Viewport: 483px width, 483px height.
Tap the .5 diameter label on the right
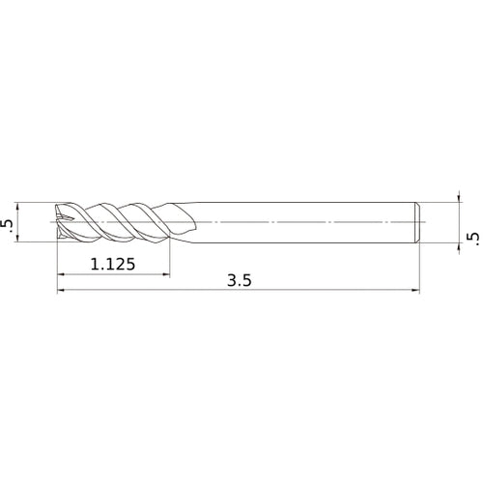click(x=471, y=237)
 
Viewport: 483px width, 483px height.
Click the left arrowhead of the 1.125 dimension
click(x=61, y=274)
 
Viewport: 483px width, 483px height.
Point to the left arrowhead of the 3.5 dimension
click(x=61, y=289)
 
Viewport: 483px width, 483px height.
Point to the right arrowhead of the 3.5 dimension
click(x=417, y=289)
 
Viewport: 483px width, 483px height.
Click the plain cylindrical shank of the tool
click(x=299, y=223)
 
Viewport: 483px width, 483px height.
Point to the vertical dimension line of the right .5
click(x=459, y=223)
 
